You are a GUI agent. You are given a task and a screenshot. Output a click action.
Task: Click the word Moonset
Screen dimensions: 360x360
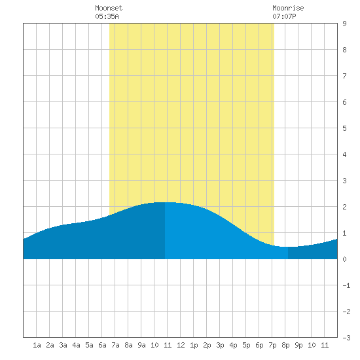pos(109,8)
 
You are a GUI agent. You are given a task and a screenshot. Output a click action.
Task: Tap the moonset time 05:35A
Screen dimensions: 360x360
pos(107,16)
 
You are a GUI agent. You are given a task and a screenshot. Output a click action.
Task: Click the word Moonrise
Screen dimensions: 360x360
pos(288,8)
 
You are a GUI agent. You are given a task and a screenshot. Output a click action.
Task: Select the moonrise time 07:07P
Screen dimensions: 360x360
pos(284,16)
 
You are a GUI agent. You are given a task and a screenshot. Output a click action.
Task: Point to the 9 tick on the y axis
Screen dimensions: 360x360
pos(344,24)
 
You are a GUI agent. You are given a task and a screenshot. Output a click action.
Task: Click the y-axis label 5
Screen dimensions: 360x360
pos(344,128)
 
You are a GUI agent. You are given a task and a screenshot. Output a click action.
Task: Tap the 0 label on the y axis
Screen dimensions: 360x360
pos(344,259)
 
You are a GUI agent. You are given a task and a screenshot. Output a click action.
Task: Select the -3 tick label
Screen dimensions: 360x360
pos(346,338)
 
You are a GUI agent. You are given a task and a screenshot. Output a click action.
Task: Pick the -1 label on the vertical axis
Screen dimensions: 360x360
pos(346,285)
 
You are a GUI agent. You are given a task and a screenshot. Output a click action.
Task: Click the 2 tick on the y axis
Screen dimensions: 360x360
pos(344,207)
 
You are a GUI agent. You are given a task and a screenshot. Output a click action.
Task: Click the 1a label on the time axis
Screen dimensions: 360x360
pos(37,345)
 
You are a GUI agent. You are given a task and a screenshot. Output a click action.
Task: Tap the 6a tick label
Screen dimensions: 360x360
pos(102,345)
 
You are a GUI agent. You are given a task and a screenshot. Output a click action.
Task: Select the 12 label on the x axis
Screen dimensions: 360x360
pos(181,345)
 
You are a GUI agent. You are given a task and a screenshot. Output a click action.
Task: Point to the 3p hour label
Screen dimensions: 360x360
pos(220,345)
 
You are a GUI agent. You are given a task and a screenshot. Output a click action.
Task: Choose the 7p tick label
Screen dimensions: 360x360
pos(272,345)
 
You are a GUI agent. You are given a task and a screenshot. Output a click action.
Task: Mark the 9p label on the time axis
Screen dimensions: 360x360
pos(298,345)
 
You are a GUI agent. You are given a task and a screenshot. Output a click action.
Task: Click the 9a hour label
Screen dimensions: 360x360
pos(141,345)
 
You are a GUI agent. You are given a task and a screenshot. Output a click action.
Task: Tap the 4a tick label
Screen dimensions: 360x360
pos(76,345)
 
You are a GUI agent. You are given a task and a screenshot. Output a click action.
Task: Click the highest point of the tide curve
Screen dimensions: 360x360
pos(165,202)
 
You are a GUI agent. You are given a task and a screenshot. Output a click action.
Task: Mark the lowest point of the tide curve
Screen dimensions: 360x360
pos(288,247)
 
